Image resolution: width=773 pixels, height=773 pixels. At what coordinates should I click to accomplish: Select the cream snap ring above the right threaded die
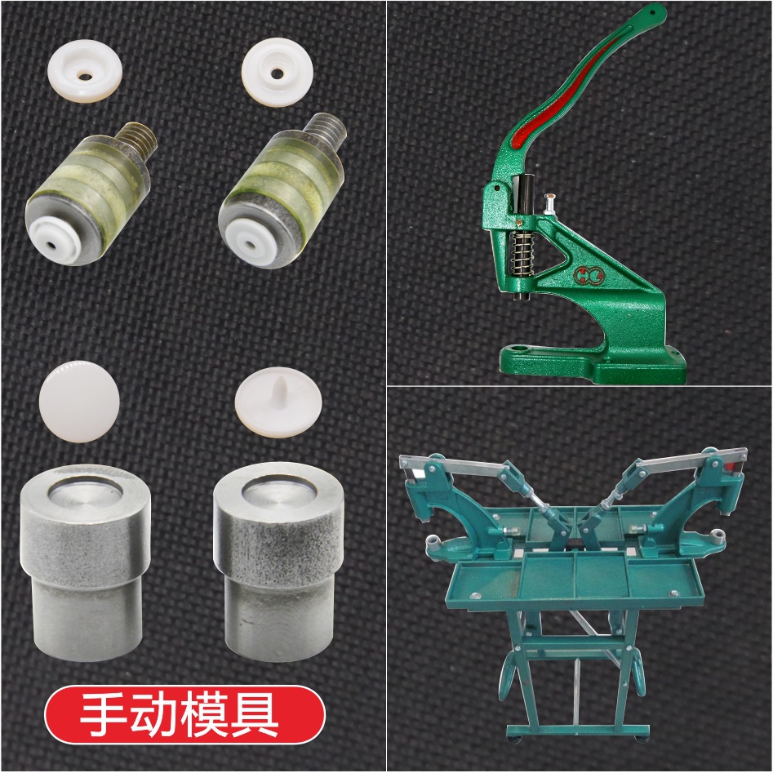[277, 73]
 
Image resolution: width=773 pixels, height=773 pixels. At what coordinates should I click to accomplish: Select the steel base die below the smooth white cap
[84, 563]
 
